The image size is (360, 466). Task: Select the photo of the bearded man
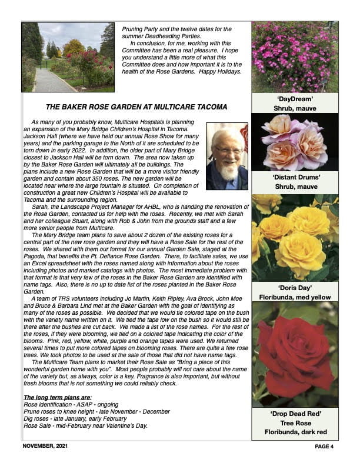click(x=227, y=156)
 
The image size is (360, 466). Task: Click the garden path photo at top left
click(x=68, y=56)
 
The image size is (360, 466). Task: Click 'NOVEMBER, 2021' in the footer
click(x=46, y=447)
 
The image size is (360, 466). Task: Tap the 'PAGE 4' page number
click(x=324, y=447)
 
